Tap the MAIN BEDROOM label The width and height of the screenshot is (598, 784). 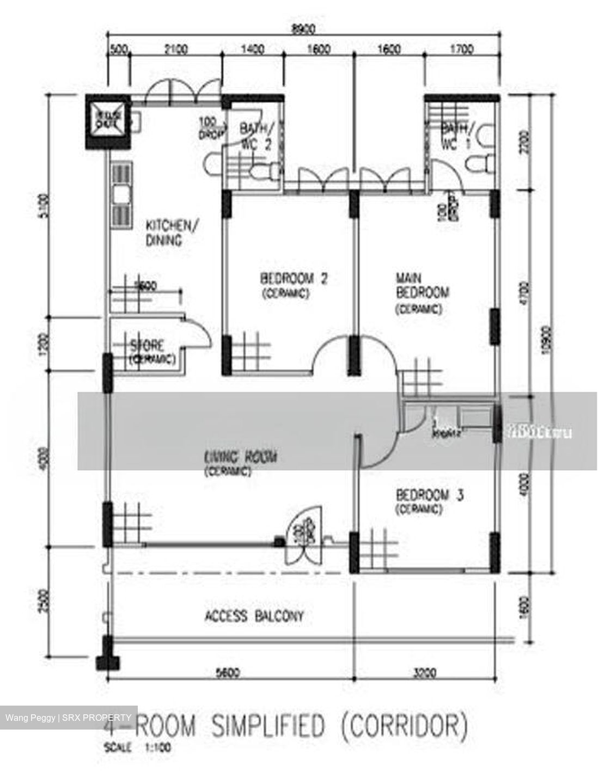pyautogui.click(x=422, y=286)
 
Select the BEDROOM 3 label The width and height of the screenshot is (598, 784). pyautogui.click(x=429, y=495)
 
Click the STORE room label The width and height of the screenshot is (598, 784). pyautogui.click(x=147, y=346)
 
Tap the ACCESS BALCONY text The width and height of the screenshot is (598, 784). pyautogui.click(x=254, y=616)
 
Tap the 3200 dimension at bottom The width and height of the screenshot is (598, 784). pyautogui.click(x=424, y=673)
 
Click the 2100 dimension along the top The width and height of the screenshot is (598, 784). pyautogui.click(x=175, y=50)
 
